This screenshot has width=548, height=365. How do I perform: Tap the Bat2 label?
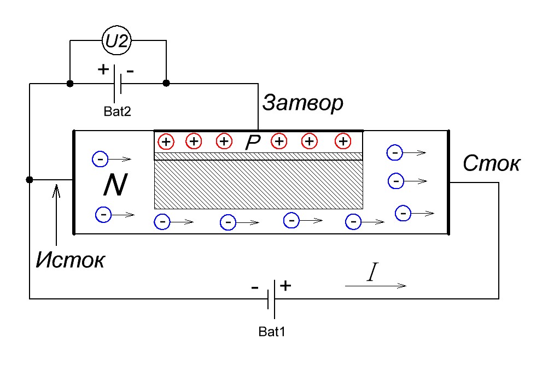tap(117, 111)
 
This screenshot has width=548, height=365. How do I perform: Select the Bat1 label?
tap(272, 332)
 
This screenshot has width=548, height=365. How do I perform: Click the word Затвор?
tap(302, 103)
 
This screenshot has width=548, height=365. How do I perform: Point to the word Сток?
tap(491, 163)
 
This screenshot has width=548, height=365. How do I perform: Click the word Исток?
tap(70, 260)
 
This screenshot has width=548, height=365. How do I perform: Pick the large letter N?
tap(115, 185)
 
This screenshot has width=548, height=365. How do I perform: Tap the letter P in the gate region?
tap(253, 142)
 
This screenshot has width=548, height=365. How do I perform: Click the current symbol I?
tap(373, 272)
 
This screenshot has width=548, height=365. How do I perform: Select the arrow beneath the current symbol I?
tap(376, 286)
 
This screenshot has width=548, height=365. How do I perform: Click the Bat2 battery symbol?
tap(118, 84)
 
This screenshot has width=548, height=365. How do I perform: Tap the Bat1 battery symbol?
tap(271, 299)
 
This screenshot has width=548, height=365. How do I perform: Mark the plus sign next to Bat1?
tap(285, 286)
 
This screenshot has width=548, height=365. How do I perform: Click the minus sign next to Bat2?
tap(130, 72)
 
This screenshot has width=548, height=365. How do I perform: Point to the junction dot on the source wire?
tap(30, 180)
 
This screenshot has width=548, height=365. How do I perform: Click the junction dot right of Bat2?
tap(166, 83)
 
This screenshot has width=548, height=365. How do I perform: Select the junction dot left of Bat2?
tap(70, 84)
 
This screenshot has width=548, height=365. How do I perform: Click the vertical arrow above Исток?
tap(56, 215)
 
